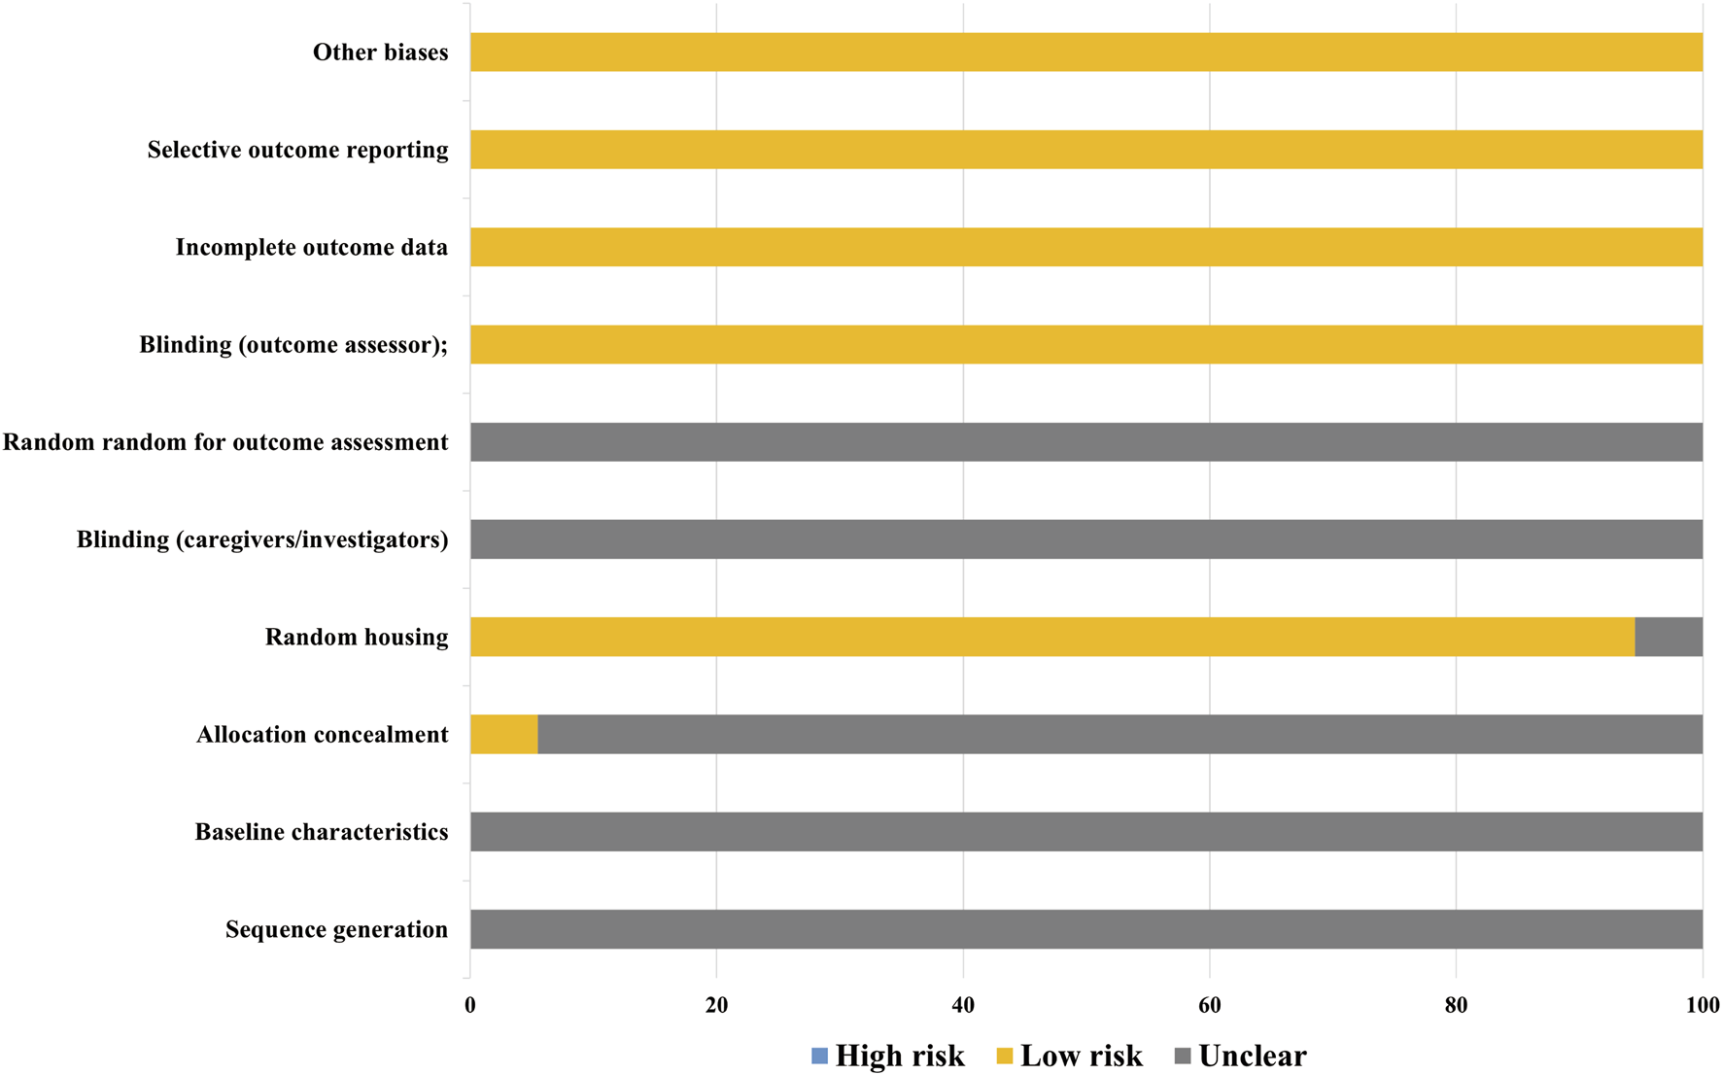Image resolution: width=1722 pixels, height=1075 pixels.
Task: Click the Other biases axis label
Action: (x=380, y=52)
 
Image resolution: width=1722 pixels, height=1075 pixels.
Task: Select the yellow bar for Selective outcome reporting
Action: (x=1085, y=150)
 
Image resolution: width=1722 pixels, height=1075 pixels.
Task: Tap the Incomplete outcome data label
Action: (x=311, y=248)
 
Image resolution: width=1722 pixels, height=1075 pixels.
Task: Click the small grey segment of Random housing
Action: (x=1668, y=637)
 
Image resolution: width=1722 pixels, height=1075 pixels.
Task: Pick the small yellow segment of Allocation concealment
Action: (x=503, y=735)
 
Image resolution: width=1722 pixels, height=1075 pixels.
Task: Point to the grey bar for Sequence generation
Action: (x=1085, y=929)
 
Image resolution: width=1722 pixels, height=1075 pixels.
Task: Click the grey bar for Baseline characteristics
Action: (x=1085, y=832)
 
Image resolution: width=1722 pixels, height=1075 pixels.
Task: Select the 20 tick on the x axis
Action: (x=716, y=1006)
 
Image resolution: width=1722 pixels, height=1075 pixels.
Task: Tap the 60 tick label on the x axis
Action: (x=1209, y=1006)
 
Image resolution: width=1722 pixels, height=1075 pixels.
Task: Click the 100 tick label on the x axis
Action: (x=1702, y=1006)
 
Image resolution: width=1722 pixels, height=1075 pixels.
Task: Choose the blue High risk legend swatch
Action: (x=819, y=1056)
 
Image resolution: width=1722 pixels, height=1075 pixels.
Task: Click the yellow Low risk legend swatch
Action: (x=1005, y=1056)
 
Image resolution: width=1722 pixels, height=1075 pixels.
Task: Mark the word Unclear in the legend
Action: (x=1252, y=1056)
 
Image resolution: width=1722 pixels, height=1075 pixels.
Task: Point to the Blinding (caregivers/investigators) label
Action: (x=262, y=539)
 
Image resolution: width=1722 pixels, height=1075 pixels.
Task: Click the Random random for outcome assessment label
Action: (x=225, y=442)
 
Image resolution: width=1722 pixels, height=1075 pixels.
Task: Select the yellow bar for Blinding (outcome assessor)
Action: (x=1085, y=345)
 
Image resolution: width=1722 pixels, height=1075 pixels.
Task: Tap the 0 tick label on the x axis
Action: (x=470, y=1006)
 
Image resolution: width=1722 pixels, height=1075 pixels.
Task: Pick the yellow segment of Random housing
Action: (x=1051, y=637)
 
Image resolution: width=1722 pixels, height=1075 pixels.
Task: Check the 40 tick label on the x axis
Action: (x=963, y=1006)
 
